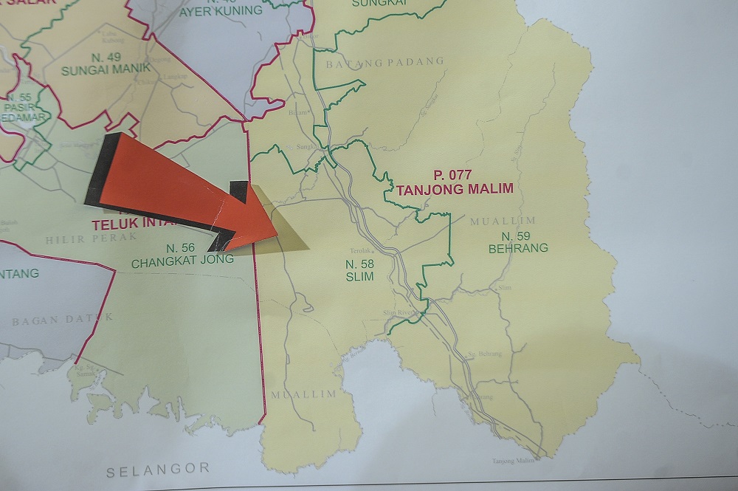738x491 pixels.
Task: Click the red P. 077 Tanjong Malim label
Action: [x=454, y=182]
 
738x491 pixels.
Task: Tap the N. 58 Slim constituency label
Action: [x=359, y=270]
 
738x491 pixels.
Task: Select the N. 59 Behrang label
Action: [x=518, y=242]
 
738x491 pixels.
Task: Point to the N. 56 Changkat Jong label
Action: [x=182, y=254]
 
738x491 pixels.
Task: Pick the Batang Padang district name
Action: [x=381, y=63]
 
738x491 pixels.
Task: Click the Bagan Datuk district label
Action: [x=63, y=319]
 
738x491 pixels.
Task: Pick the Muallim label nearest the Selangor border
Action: [x=303, y=394]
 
